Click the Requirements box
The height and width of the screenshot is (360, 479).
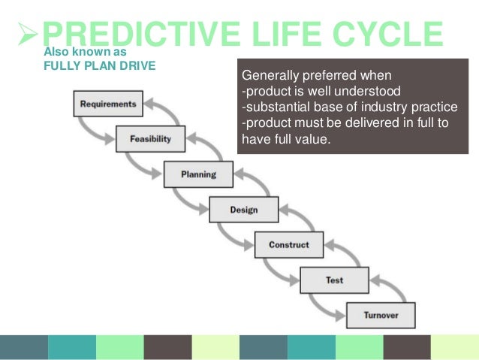[x=108, y=104]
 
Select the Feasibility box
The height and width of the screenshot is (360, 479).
[x=151, y=139]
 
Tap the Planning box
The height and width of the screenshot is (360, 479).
[x=197, y=174]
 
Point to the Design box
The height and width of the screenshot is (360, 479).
[x=243, y=210]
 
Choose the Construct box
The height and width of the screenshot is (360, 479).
[x=289, y=245]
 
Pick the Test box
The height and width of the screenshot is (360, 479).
[x=334, y=280]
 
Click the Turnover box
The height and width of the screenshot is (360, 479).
[x=381, y=315]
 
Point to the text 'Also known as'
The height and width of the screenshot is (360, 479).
[x=86, y=53]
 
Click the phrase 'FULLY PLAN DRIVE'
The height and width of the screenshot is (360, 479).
[x=100, y=65]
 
